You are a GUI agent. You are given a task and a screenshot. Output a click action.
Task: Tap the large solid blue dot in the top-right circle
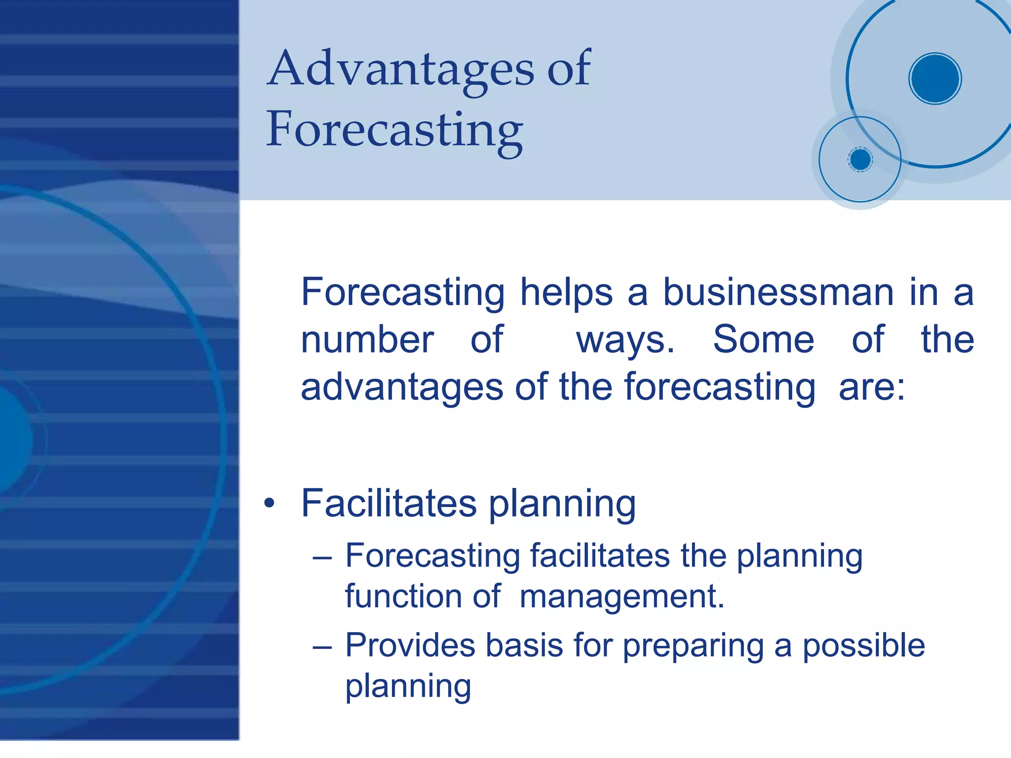point(934,79)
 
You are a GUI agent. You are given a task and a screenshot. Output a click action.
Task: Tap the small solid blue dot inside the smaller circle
point(860,160)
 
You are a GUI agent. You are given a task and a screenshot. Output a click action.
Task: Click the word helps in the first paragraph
point(566,292)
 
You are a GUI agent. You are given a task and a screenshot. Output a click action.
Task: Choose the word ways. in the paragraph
point(625,341)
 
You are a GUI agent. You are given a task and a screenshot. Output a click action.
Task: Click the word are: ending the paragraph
point(872,387)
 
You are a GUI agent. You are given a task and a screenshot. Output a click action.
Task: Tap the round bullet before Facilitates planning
point(269,504)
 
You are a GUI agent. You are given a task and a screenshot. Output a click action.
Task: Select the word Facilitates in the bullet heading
point(389,503)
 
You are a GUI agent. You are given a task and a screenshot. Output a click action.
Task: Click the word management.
point(622,597)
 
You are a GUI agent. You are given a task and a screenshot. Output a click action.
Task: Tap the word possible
point(863,646)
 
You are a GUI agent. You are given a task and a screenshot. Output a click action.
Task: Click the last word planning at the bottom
point(408,687)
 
